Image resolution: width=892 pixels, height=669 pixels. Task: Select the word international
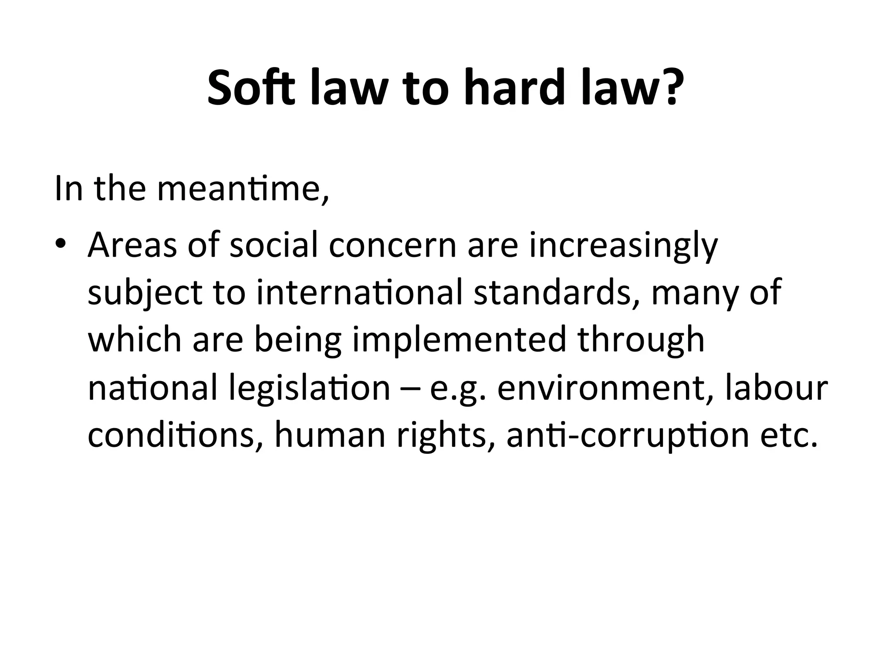pos(359,293)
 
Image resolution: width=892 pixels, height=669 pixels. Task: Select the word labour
pos(776,388)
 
